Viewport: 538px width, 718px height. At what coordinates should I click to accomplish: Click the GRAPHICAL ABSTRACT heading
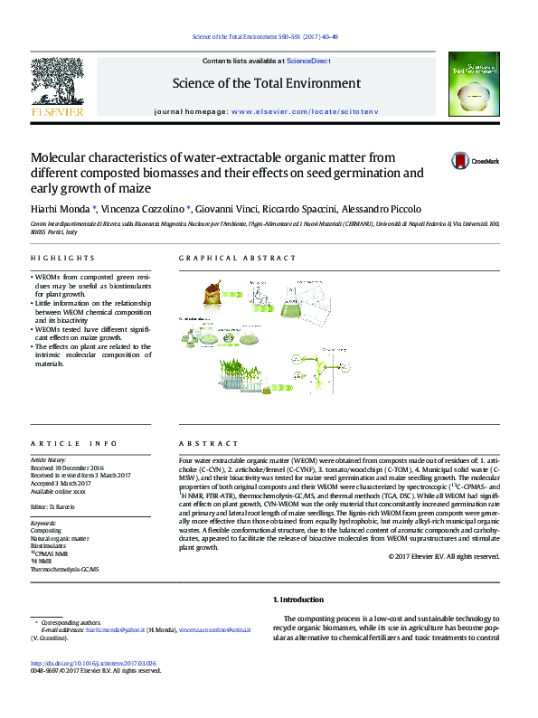(x=238, y=259)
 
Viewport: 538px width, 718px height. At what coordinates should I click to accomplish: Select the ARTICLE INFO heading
(x=73, y=444)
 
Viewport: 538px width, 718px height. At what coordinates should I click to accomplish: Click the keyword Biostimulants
(x=50, y=546)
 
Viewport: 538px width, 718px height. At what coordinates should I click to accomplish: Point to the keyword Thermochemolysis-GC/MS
(x=65, y=570)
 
